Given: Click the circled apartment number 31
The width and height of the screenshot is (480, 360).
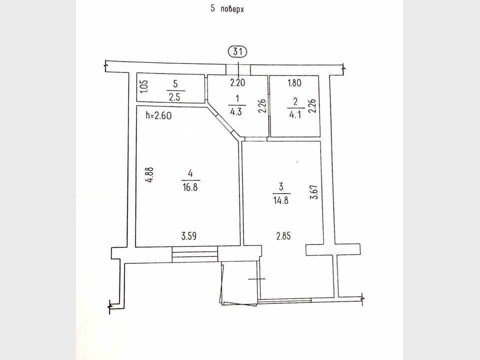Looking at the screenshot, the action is click(237, 51).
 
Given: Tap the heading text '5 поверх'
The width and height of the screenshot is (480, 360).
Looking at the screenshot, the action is click(227, 9).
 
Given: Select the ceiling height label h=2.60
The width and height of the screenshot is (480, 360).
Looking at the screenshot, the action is click(158, 115).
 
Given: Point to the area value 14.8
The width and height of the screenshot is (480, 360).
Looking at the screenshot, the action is click(280, 200).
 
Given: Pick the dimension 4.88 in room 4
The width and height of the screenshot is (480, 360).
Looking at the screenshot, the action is click(149, 175).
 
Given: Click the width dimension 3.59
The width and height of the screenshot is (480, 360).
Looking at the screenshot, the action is click(189, 236).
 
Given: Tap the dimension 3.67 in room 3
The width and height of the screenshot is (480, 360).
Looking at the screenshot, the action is click(314, 192).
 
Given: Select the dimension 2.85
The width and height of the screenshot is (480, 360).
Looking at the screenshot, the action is click(283, 236).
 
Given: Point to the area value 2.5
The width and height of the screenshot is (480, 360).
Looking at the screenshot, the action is click(174, 97).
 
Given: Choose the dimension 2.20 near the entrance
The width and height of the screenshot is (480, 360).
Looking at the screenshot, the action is click(237, 82).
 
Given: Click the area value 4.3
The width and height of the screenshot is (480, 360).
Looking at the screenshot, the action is click(236, 111).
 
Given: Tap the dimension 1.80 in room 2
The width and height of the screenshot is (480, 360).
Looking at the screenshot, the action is click(294, 82).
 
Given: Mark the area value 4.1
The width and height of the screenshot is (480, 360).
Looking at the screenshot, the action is click(295, 115).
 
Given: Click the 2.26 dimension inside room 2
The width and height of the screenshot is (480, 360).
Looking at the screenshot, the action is click(312, 106).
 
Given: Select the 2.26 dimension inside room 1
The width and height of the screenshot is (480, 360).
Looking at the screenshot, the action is click(262, 106).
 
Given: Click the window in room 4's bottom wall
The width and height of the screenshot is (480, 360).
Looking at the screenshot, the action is click(194, 254).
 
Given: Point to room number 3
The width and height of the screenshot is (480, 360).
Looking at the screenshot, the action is click(281, 186).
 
